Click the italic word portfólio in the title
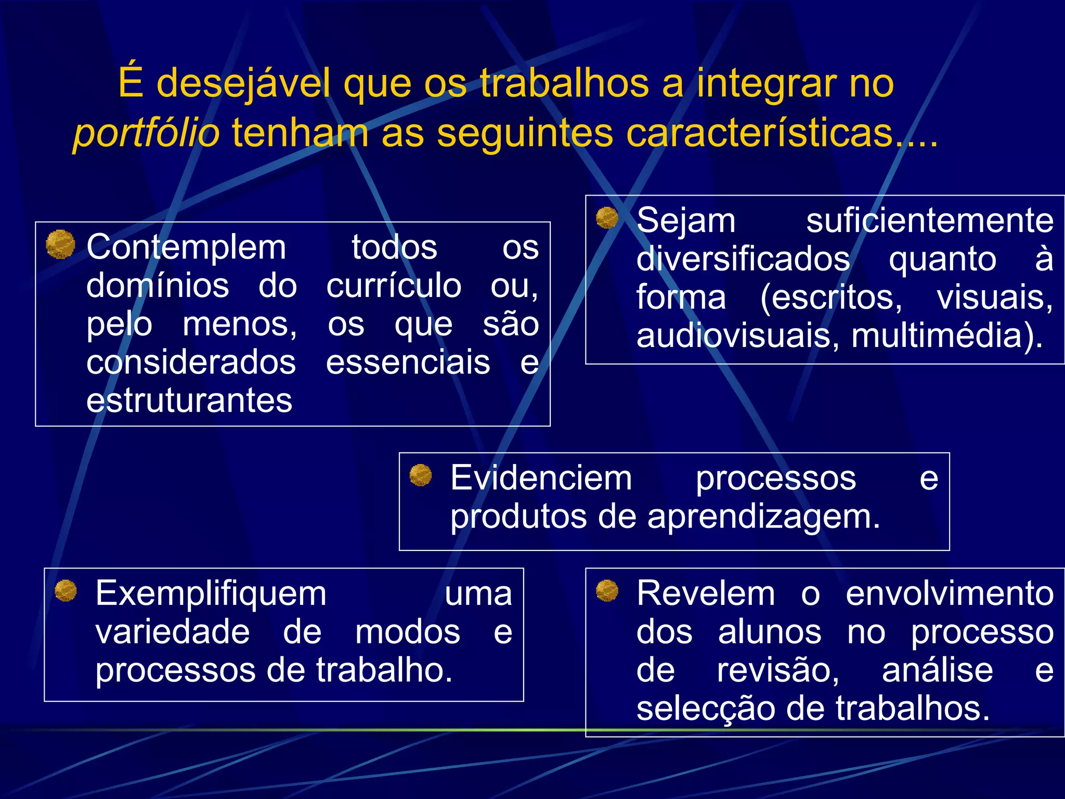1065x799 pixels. pyautogui.click(x=146, y=133)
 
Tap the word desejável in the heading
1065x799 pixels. pyautogui.click(x=243, y=83)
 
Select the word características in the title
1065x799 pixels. pyautogui.click(x=760, y=133)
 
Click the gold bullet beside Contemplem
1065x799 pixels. pyautogui.click(x=60, y=244)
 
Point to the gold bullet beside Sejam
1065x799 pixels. pyautogui.click(x=607, y=217)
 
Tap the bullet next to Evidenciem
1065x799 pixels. pyautogui.click(x=421, y=475)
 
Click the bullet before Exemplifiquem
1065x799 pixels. pyautogui.click(x=66, y=590)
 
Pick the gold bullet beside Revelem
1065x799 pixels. pyautogui.click(x=607, y=590)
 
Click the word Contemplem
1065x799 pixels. pyautogui.click(x=186, y=247)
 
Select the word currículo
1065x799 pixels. pyautogui.click(x=394, y=286)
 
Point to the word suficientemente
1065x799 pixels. pyautogui.click(x=930, y=221)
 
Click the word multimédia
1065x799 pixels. pyautogui.click(x=946, y=336)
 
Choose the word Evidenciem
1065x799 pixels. pyautogui.click(x=541, y=478)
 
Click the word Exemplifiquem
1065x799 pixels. pyautogui.click(x=211, y=594)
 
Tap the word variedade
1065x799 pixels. pyautogui.click(x=173, y=632)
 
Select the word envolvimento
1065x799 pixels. pyautogui.click(x=950, y=594)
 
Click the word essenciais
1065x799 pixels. pyautogui.click(x=408, y=363)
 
